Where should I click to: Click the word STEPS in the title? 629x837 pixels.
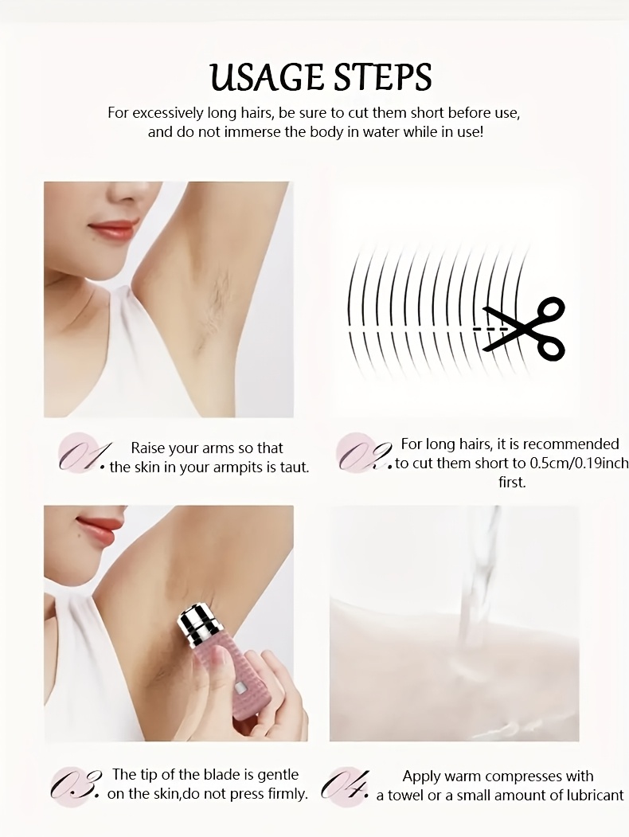pyautogui.click(x=382, y=77)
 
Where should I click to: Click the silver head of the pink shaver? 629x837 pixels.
pyautogui.click(x=198, y=624)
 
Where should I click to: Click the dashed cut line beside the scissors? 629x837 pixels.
pyautogui.click(x=490, y=330)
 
